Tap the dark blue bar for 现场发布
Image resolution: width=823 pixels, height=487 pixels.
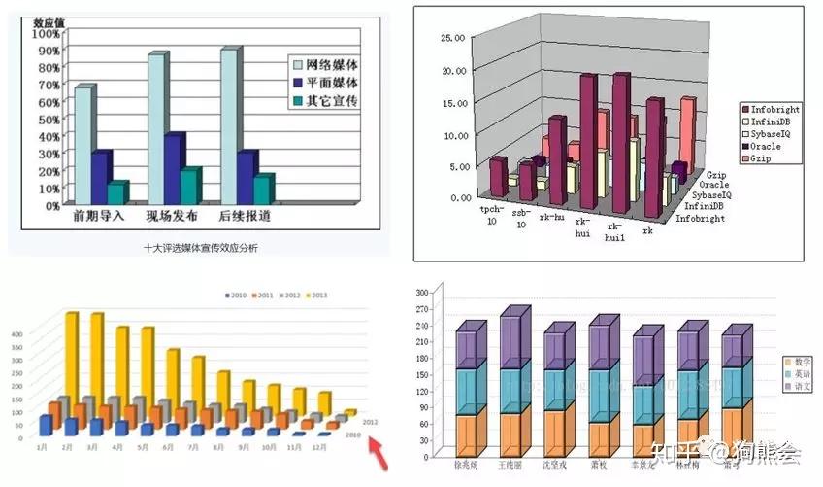(173, 171)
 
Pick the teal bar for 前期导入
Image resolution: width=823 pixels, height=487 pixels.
(116, 192)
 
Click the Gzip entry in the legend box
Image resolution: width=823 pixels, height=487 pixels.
(767, 158)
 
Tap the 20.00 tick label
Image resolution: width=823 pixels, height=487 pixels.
(454, 70)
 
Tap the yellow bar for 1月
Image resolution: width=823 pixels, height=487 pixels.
(71, 360)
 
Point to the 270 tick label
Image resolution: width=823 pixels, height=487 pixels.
(421, 310)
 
